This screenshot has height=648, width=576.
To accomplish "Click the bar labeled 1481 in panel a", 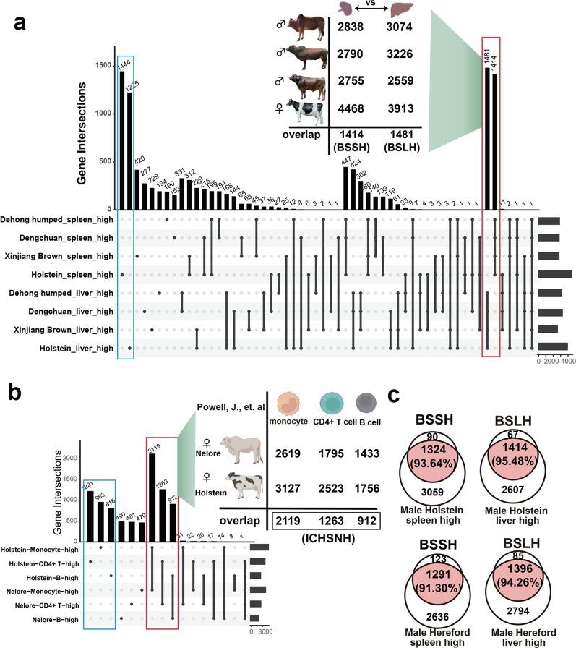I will point(486,137).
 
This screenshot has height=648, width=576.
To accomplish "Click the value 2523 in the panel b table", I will point(329,488).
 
